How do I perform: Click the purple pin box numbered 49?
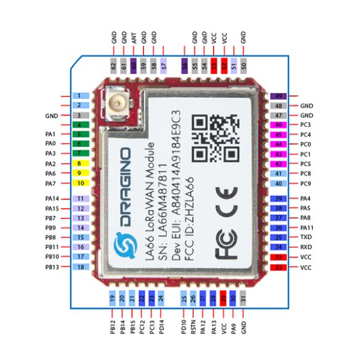point(279,96)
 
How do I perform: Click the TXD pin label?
point(306,237)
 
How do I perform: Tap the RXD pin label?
point(306,247)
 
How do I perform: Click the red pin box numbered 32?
point(279,268)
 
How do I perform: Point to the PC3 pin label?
point(306,125)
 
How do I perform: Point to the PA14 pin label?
point(52,199)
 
